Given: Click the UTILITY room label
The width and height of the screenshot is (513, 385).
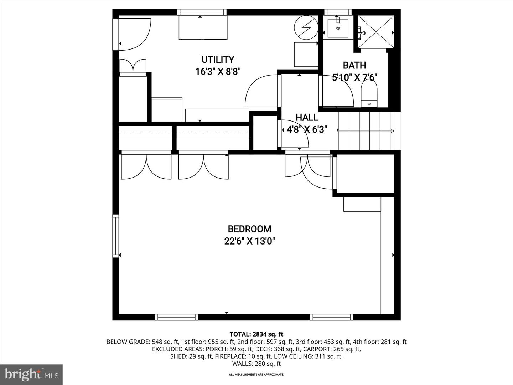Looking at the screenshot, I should point(218,59).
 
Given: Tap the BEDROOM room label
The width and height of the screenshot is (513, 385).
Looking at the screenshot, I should point(249,229).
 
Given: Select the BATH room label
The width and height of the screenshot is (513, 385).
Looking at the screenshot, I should point(354,65).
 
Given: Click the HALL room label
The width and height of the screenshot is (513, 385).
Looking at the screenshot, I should point(307,117).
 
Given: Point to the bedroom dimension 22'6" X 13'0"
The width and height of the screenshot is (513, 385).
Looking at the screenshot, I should point(249,241).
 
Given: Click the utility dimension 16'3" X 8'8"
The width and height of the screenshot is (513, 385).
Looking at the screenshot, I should point(218,72).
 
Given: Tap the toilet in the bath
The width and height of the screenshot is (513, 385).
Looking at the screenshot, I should point(369,94).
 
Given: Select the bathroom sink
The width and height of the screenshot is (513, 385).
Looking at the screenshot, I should point(338,28).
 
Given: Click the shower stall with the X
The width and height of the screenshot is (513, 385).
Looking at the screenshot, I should point(376,32).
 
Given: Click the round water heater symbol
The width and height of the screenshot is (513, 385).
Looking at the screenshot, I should point(306,27).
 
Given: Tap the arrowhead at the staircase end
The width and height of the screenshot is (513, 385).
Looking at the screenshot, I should point(392,131).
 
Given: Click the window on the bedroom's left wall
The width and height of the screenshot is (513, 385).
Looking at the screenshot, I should point(116,235).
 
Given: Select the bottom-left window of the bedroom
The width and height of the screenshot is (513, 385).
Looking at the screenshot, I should point(176,317).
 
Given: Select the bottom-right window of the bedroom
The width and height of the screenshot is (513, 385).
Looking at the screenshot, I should point(331,317).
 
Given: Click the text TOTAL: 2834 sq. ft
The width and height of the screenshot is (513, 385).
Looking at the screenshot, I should point(256,334).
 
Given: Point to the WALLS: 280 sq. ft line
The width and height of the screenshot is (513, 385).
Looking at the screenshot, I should point(256,364).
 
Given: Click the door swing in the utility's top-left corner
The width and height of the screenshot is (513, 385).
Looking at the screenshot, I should point(134,34).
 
